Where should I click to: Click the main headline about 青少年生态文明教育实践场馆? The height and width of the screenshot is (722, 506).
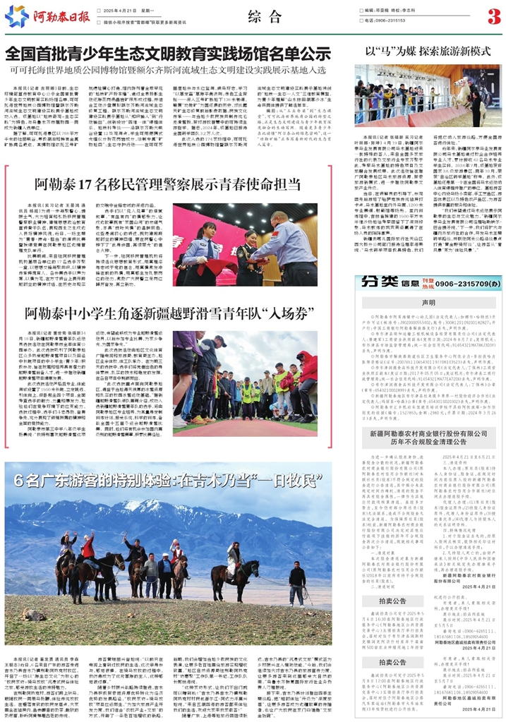point(168,54)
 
